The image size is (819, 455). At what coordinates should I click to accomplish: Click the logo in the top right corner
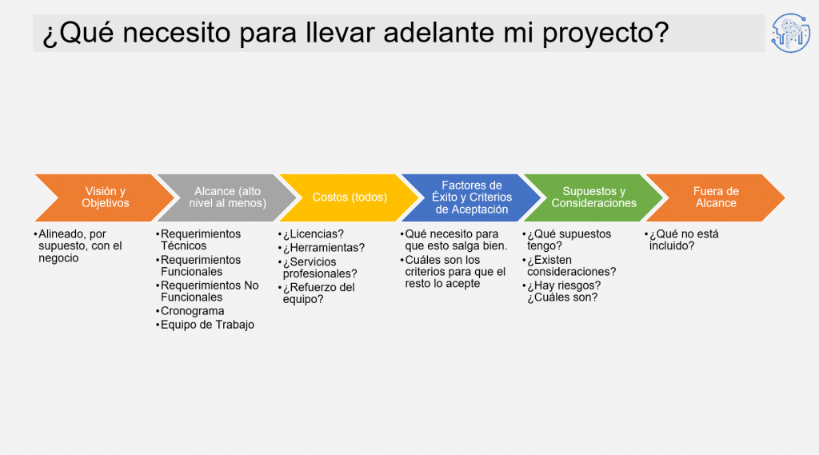click(791, 33)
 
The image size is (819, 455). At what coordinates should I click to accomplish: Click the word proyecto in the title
click(605, 33)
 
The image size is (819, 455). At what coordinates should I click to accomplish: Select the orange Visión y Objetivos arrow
click(105, 198)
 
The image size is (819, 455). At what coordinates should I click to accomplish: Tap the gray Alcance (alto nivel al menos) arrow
click(227, 198)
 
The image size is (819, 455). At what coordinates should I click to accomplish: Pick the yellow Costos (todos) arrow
click(350, 198)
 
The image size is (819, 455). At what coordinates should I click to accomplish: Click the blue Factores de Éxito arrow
click(472, 198)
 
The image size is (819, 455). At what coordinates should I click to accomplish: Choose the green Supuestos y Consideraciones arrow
click(594, 198)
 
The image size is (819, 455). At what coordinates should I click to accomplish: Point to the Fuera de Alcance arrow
click(716, 198)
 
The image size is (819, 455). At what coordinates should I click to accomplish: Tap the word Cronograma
click(192, 311)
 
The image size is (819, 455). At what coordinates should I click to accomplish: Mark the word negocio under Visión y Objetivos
click(58, 258)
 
